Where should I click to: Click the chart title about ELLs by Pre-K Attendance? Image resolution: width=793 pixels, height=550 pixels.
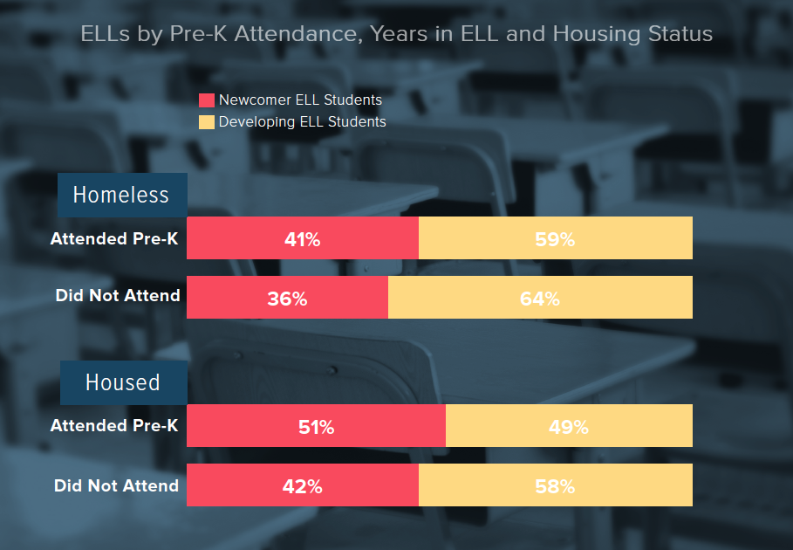(396, 35)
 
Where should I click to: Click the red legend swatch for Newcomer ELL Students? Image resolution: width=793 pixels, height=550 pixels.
(207, 100)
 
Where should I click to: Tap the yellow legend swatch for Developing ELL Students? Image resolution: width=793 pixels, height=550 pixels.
(207, 122)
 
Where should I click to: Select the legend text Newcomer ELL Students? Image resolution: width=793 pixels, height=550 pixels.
(300, 100)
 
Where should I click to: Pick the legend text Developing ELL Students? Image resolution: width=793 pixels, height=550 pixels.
(302, 122)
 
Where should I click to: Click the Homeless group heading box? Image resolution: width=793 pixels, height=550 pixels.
(121, 195)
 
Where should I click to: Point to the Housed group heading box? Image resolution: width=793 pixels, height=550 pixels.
(123, 382)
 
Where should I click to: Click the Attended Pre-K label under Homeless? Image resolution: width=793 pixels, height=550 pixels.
(114, 238)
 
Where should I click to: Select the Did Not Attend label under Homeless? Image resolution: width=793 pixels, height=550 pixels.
(118, 295)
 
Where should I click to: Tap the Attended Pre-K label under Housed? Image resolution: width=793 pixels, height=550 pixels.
(114, 426)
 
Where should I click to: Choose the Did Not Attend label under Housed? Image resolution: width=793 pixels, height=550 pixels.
(117, 485)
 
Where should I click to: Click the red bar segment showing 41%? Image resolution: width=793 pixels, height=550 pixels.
(303, 238)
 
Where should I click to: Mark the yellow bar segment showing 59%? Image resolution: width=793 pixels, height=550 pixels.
(556, 238)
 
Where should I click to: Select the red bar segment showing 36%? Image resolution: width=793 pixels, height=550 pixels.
(287, 298)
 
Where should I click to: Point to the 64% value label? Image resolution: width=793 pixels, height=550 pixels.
(540, 299)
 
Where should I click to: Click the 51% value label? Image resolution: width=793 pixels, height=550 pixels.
(316, 427)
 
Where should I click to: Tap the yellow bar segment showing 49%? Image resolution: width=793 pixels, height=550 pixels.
(569, 427)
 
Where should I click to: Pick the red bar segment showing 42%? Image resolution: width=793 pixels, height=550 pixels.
(303, 486)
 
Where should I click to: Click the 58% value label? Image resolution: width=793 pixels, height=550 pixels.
(556, 487)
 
